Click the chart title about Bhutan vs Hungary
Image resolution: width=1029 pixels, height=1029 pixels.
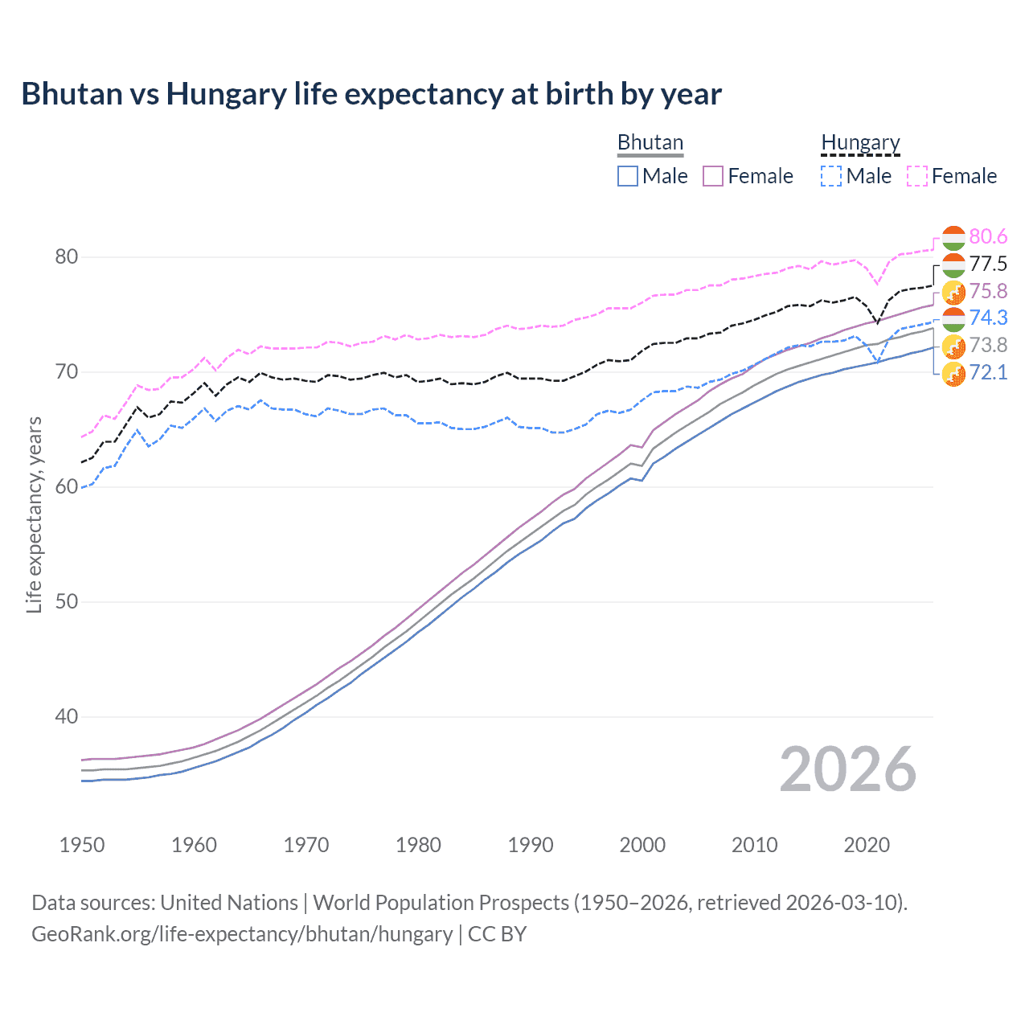[x=371, y=94]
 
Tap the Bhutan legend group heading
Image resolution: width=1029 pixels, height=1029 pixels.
[x=650, y=142]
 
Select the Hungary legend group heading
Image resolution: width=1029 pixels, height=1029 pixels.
[x=860, y=142]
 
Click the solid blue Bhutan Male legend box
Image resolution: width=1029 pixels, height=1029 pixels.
[x=628, y=176]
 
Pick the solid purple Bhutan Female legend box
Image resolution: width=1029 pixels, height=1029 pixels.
[x=714, y=176]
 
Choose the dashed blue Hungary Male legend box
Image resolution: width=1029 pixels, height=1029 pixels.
[x=831, y=176]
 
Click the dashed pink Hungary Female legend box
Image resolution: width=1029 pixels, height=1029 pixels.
[x=917, y=176]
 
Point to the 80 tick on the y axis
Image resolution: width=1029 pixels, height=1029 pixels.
[x=66, y=257]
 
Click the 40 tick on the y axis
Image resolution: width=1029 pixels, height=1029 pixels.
[x=66, y=716]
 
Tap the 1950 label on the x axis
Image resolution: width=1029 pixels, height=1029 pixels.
[x=82, y=845]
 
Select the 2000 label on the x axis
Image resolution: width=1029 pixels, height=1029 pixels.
[x=642, y=845]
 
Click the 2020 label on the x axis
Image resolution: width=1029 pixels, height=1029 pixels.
[x=867, y=845]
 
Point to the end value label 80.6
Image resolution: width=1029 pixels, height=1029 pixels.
[x=988, y=236]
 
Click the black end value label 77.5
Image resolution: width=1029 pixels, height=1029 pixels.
[x=988, y=264]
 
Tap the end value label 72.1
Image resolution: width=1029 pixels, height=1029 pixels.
[x=988, y=372]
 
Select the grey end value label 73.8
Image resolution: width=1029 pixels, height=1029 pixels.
[x=988, y=345]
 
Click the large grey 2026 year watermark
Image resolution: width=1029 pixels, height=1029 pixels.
[x=847, y=769]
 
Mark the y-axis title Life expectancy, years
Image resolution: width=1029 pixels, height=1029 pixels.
[x=35, y=514]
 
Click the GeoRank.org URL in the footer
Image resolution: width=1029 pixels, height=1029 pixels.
[x=242, y=934]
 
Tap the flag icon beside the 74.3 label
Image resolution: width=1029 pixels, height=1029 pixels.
[x=953, y=318]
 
